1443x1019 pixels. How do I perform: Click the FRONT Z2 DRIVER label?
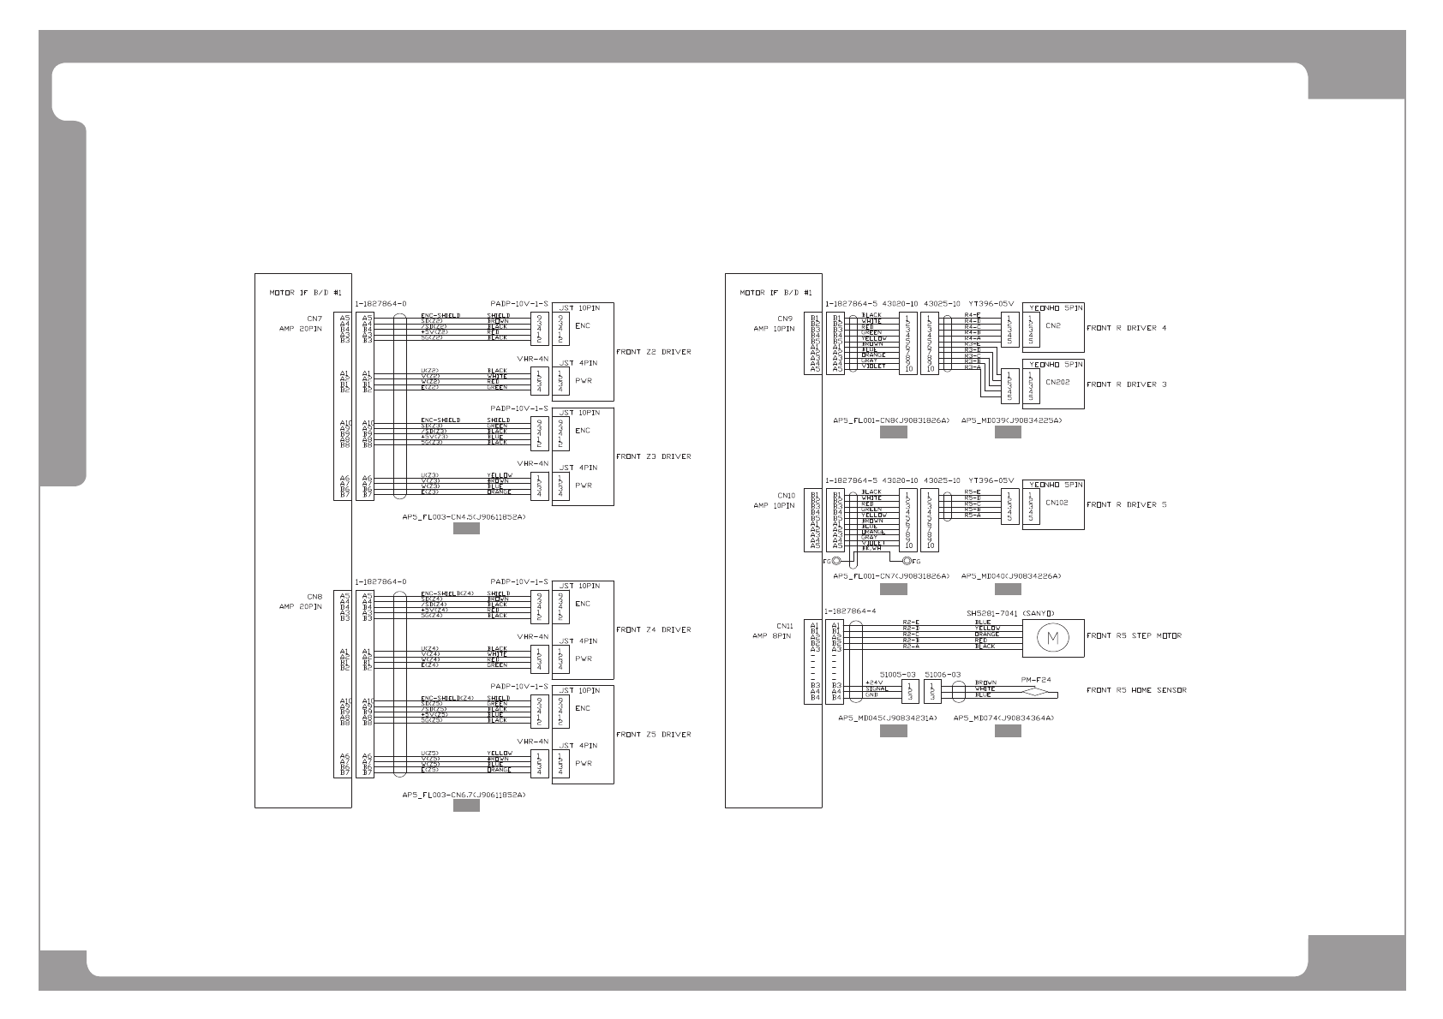coord(653,352)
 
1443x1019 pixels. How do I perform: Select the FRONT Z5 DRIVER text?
coord(653,734)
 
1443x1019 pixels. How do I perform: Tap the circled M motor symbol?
coord(1053,637)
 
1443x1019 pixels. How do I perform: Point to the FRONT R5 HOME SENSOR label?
coord(1136,690)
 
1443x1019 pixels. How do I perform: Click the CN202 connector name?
coord(1058,383)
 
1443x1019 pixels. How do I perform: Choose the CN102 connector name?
coord(1057,503)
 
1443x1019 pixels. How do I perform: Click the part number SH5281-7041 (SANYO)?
coord(1009,612)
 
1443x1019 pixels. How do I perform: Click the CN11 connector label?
coord(786,626)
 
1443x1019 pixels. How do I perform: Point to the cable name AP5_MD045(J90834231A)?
coord(887,718)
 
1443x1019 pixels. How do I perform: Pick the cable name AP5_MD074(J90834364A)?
coord(1003,718)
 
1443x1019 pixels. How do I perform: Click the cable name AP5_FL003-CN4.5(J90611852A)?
coord(464,517)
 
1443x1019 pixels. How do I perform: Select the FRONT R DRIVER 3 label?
coord(1126,384)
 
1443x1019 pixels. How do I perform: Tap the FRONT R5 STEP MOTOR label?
coord(1134,635)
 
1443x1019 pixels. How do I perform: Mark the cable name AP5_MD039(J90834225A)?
coord(1011,420)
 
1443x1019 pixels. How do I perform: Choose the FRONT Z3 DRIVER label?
coord(653,456)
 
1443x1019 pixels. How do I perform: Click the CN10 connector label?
coord(786,495)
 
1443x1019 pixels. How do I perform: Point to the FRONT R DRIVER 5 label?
coord(1126,504)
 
